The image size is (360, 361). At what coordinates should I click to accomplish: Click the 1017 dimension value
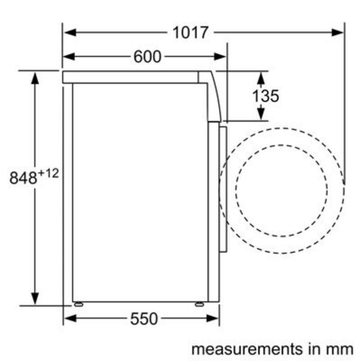coord(190,32)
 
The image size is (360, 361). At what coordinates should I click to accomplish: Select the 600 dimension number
coord(147,56)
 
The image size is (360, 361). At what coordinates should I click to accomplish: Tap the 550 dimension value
coord(144,319)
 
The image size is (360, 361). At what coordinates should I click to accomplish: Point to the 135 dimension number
coord(265,96)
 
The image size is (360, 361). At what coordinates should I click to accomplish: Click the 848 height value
coord(23,177)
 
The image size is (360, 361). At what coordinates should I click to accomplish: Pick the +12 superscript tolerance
coord(48,173)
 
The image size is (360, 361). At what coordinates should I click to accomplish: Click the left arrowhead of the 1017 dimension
coord(70,32)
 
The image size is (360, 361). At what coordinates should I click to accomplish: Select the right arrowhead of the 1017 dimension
coord(337,32)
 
